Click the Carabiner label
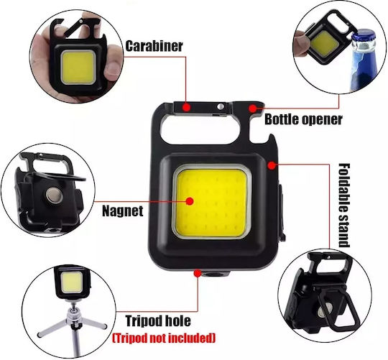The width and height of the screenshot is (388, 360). (x=154, y=46)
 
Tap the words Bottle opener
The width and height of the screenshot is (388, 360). (x=303, y=119)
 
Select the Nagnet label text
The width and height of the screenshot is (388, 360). (x=123, y=211)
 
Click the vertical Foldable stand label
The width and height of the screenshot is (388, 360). (x=343, y=205)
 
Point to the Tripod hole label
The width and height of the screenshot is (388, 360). (x=158, y=321)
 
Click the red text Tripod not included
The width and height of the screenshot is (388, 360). (x=164, y=338)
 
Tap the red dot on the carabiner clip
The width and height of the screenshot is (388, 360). (x=186, y=107)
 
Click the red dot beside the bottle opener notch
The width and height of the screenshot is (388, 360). (x=252, y=108)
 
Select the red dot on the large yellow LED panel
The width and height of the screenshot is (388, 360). (x=190, y=201)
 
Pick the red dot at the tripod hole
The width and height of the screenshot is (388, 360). (x=197, y=273)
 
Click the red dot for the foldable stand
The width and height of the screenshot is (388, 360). (x=272, y=165)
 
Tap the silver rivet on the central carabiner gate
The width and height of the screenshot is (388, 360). (x=221, y=106)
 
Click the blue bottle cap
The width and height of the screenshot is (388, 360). (x=364, y=37)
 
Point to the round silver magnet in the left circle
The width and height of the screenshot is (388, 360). (x=54, y=195)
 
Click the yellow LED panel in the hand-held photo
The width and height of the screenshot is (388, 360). (x=78, y=67)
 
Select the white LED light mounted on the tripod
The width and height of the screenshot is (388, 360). (x=71, y=282)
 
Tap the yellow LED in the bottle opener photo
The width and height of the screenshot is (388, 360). (x=324, y=45)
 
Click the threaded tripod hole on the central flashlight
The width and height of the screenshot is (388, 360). (x=213, y=274)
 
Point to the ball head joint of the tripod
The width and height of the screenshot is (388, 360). (x=73, y=310)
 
